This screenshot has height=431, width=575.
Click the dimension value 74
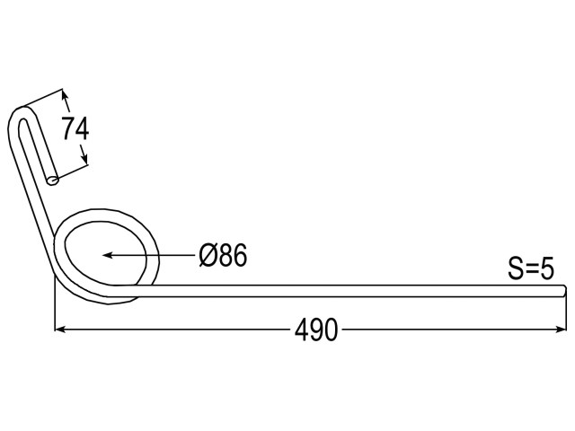[x=75, y=128]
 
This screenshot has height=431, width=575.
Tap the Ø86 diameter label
[x=224, y=255]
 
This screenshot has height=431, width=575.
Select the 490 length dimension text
[x=316, y=330]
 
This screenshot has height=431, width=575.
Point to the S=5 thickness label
[x=531, y=268]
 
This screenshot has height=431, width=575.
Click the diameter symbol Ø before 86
[x=207, y=255]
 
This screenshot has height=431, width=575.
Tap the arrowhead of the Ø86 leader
[x=107, y=255]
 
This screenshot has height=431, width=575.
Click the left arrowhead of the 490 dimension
[x=60, y=330]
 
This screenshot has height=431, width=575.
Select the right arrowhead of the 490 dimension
[x=561, y=330]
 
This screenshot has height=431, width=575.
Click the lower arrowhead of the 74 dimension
[x=84, y=158]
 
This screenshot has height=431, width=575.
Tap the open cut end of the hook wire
[x=53, y=180]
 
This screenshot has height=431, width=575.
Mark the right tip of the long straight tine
[x=565, y=291]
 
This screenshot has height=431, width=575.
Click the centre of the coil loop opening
[x=105, y=253]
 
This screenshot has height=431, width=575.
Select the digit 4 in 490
[x=302, y=330]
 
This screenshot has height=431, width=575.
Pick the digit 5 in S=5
[x=547, y=268]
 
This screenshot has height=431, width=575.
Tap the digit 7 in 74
[x=68, y=128]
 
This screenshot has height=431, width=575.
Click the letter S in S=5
[x=516, y=268]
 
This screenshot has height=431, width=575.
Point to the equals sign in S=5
[x=531, y=270]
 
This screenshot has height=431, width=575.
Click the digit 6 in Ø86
[x=241, y=255]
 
